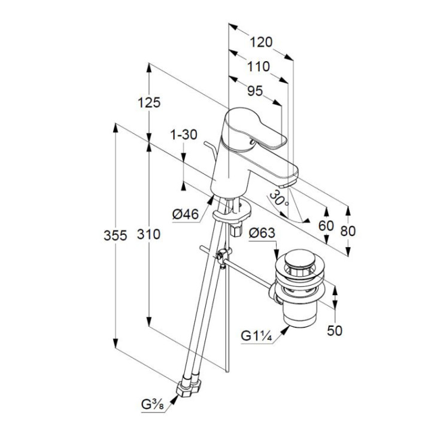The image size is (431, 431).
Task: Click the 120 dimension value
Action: [x=261, y=42]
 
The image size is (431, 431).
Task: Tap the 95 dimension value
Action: [x=255, y=91]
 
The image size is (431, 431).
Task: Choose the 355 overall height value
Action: [x=113, y=235]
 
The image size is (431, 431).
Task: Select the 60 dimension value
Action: [x=327, y=226]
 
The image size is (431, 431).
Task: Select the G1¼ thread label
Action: [x=257, y=337]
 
